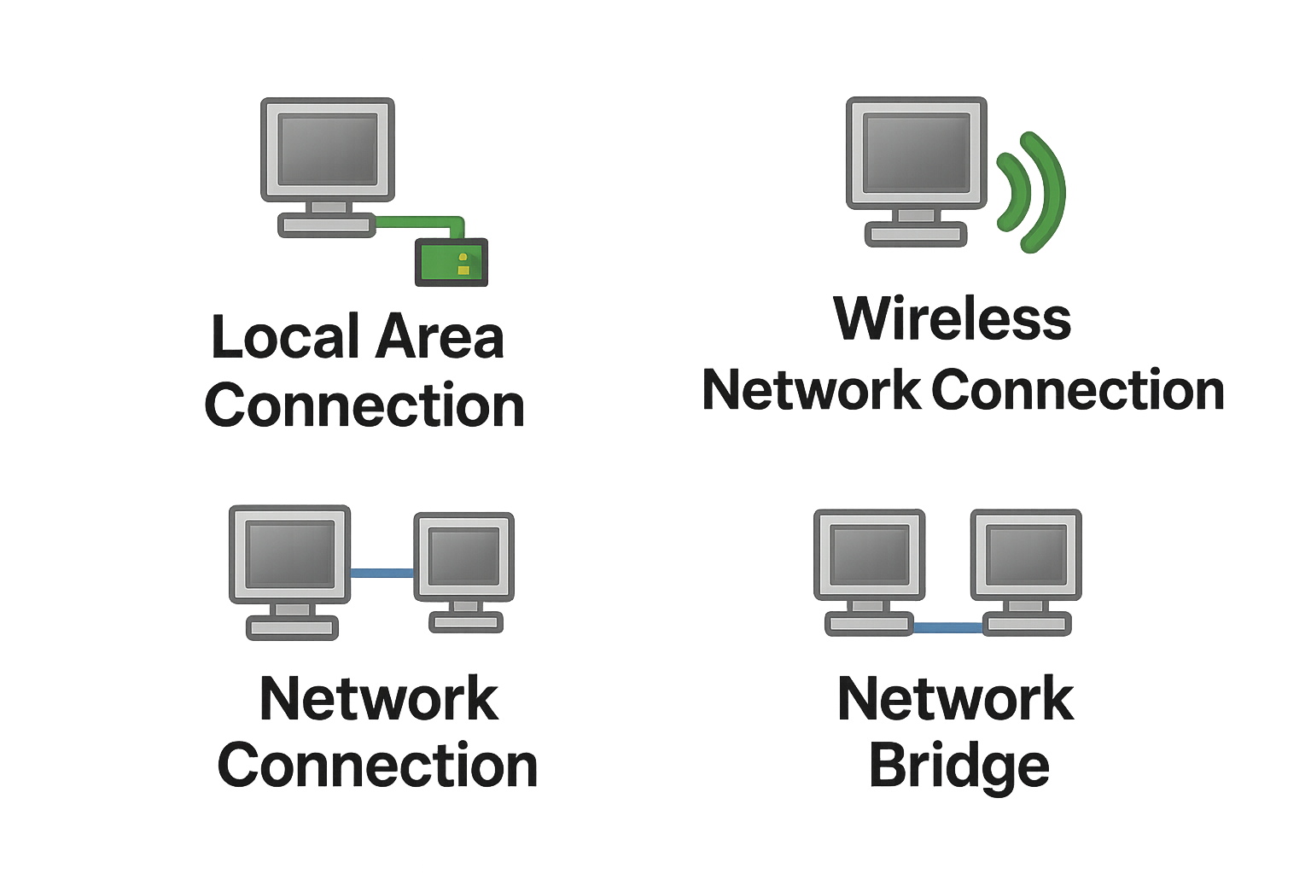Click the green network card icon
tap(451, 262)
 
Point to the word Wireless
tap(952, 318)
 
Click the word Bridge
tap(958, 766)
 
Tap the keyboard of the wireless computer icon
tap(916, 234)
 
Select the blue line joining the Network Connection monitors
tap(382, 573)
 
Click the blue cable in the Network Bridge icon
tap(947, 627)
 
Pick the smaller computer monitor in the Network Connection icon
tap(463, 556)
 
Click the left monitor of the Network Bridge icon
tap(869, 554)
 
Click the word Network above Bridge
tap(955, 699)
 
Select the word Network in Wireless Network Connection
tap(811, 391)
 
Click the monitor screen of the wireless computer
tap(916, 154)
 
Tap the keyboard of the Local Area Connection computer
tap(327, 225)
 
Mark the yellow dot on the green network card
tap(463, 264)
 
